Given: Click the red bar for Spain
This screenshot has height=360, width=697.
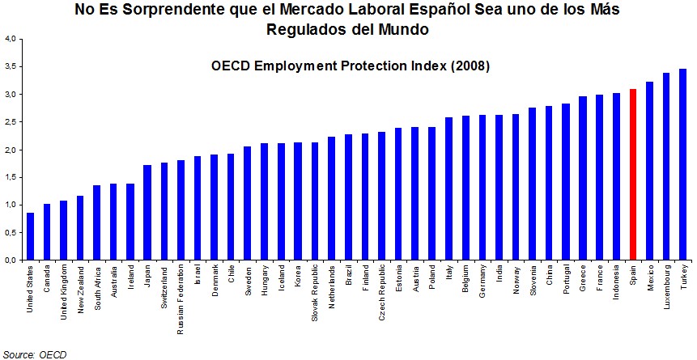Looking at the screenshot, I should [x=632, y=175].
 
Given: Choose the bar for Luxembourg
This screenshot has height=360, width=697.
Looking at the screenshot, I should [x=665, y=167].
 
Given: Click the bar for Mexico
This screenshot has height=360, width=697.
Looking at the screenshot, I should [x=649, y=171].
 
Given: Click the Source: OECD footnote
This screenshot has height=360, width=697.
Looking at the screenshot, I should [x=35, y=354].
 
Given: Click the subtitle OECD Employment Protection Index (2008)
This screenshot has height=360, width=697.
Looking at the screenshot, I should [x=351, y=66].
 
